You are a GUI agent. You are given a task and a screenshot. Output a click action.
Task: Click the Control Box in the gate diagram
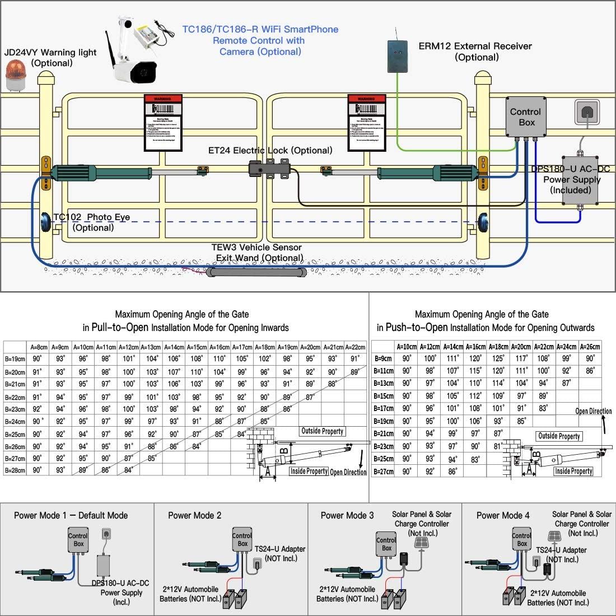[526, 117]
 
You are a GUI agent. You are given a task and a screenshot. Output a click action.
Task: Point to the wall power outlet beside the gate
[587, 113]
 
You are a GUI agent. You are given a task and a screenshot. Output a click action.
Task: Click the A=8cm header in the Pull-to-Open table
[38, 347]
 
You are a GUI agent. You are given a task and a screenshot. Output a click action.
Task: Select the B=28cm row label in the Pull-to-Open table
[15, 471]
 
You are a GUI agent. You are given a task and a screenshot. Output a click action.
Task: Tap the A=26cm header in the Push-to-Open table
[590, 347]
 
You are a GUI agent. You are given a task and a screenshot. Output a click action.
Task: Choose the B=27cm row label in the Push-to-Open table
[384, 472]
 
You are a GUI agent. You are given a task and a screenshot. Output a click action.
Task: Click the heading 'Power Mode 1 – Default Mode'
[71, 515]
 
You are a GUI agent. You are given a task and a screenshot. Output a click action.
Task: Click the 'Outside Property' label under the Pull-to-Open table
[322, 431]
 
